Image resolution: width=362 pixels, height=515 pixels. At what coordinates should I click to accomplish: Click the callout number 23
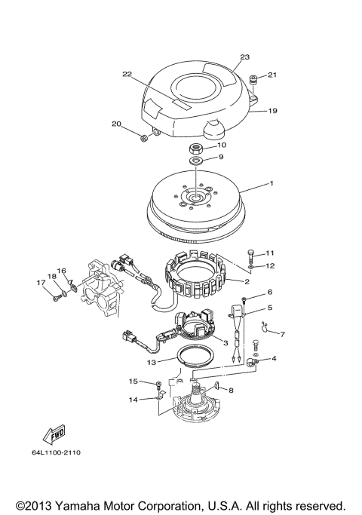point(244,57)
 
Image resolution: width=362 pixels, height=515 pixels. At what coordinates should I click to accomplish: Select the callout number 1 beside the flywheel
point(272,184)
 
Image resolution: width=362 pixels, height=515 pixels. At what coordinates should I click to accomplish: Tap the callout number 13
point(152,362)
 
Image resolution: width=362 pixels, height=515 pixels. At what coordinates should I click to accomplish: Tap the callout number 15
point(132,382)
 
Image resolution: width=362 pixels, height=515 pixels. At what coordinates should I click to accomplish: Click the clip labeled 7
point(264,325)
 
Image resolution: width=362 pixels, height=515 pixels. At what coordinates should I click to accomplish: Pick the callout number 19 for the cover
point(272,111)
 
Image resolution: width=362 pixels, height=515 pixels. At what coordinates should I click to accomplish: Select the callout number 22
point(127,74)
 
